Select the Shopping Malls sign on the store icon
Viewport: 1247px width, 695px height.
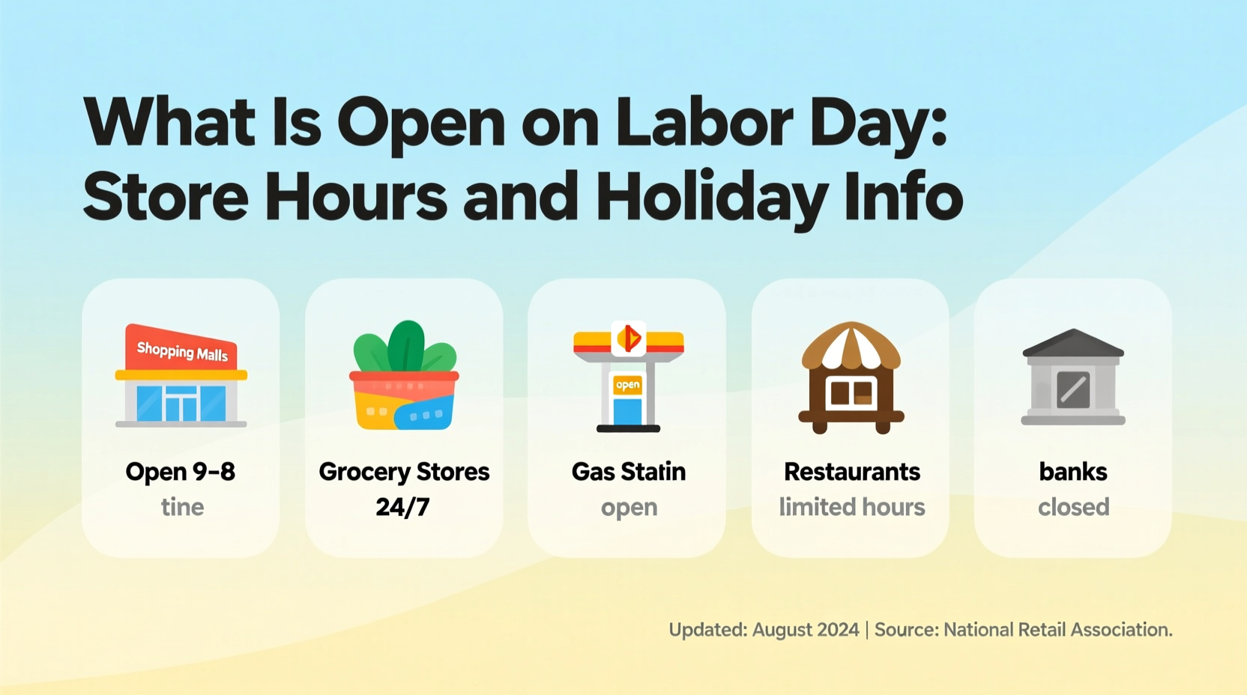[182, 350]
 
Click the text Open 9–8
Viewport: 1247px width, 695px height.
[181, 472]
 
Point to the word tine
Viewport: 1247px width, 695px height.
[182, 507]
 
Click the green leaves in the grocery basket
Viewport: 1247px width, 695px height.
[405, 347]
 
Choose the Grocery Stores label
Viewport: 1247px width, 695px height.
[404, 472]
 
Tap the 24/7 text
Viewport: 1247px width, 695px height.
[402, 507]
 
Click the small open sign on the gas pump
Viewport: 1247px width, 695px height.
[627, 385]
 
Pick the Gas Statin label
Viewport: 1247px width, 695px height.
[628, 472]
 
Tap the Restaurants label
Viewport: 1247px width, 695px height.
[851, 472]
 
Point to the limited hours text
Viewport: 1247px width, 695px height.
[851, 507]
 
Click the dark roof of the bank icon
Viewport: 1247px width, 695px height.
[1073, 344]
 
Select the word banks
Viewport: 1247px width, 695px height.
[1073, 472]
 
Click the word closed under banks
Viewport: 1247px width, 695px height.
[1073, 507]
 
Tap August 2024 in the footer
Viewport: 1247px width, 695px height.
[806, 630]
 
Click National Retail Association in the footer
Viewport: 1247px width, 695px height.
[1057, 630]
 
